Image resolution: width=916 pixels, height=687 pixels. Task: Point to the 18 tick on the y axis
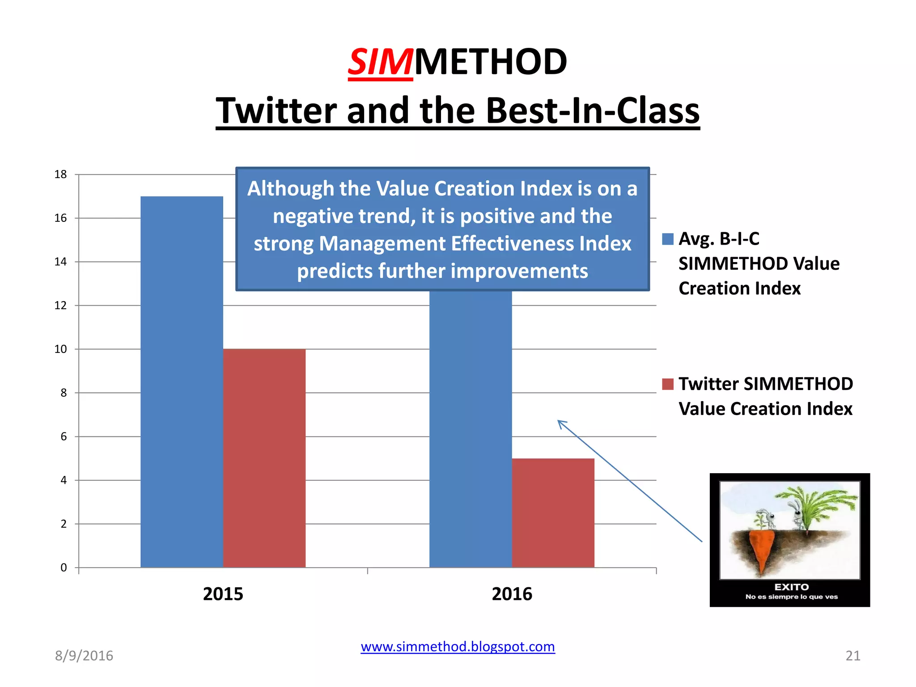tap(60, 174)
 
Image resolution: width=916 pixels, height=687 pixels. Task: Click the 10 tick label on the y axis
tap(60, 349)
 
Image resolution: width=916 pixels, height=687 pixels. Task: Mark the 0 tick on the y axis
tap(64, 568)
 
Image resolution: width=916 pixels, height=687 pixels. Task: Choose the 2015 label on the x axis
tap(223, 594)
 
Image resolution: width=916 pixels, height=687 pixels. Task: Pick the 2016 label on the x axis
tap(512, 594)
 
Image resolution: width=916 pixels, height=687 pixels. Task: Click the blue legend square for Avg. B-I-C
tap(668, 239)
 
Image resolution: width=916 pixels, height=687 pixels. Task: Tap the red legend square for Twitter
tap(668, 384)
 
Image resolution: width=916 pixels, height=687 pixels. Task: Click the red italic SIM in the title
tap(380, 62)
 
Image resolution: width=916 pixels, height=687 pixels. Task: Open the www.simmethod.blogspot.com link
tap(458, 647)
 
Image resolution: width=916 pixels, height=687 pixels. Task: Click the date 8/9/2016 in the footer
tap(84, 656)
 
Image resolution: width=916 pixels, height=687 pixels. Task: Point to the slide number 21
tap(852, 656)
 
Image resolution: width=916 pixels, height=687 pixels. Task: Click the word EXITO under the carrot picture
tap(791, 587)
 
